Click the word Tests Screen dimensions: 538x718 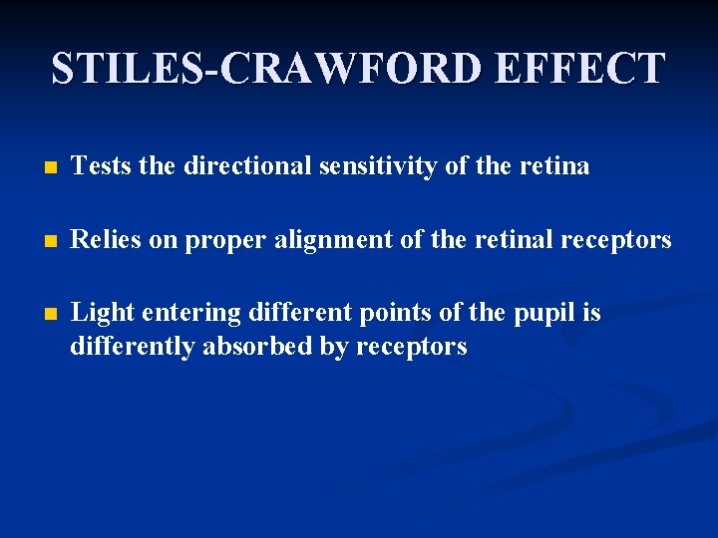click(x=104, y=166)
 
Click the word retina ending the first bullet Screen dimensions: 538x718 click(x=554, y=166)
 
